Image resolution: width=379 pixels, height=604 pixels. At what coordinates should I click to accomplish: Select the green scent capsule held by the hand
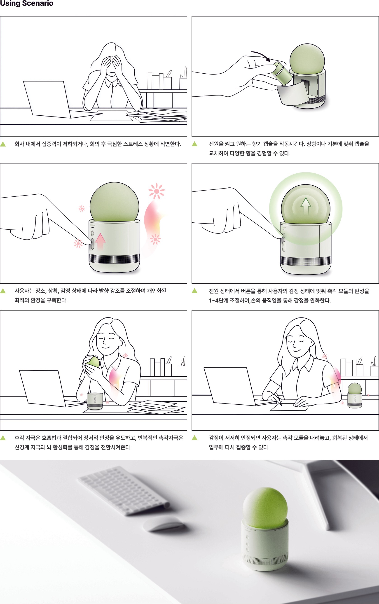click(282, 72)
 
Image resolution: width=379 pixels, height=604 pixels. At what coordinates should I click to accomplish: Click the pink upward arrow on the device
click(100, 242)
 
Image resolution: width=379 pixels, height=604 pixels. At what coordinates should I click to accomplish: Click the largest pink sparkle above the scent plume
click(157, 191)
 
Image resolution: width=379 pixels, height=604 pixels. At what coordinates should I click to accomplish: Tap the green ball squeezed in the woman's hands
click(93, 362)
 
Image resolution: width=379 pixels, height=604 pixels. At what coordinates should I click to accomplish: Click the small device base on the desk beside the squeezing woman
click(95, 401)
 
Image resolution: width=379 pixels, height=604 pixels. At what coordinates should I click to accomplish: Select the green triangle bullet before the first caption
click(3, 144)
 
